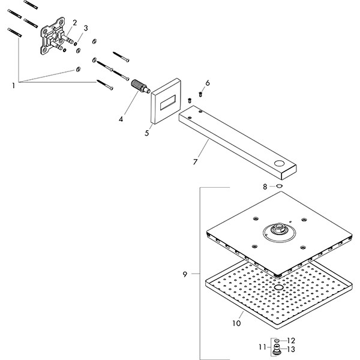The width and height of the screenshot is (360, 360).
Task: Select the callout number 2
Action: click(x=75, y=23)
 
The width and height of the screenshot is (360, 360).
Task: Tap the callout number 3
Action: click(x=86, y=28)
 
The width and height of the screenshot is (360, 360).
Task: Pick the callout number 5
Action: click(x=147, y=133)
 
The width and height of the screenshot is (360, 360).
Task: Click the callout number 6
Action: click(x=208, y=83)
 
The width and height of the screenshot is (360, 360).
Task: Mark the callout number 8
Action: click(x=265, y=187)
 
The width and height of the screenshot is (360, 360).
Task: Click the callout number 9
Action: click(x=185, y=274)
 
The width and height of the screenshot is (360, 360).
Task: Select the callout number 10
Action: click(x=236, y=323)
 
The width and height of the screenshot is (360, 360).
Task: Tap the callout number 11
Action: click(x=262, y=346)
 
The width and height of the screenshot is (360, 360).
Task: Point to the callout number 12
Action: click(x=293, y=340)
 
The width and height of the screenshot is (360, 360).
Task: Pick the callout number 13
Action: click(x=293, y=349)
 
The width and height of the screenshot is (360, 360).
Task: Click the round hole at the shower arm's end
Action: click(x=280, y=164)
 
